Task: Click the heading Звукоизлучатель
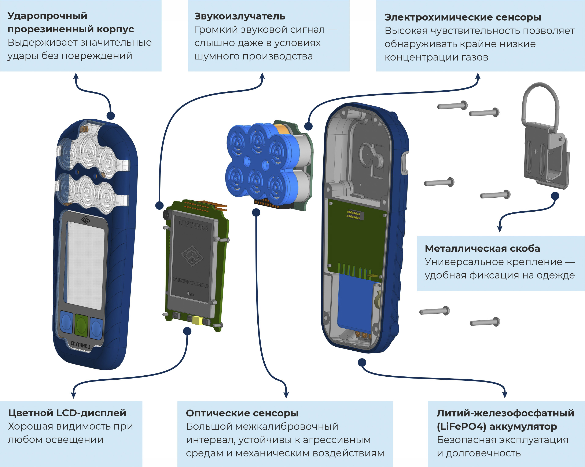(x=240, y=17)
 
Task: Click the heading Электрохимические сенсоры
(x=463, y=17)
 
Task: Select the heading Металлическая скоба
(x=482, y=248)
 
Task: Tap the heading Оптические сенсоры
(x=242, y=413)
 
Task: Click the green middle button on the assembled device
(x=81, y=324)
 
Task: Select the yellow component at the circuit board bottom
(x=197, y=321)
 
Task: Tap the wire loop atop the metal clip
(x=540, y=103)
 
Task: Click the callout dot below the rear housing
(x=362, y=362)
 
